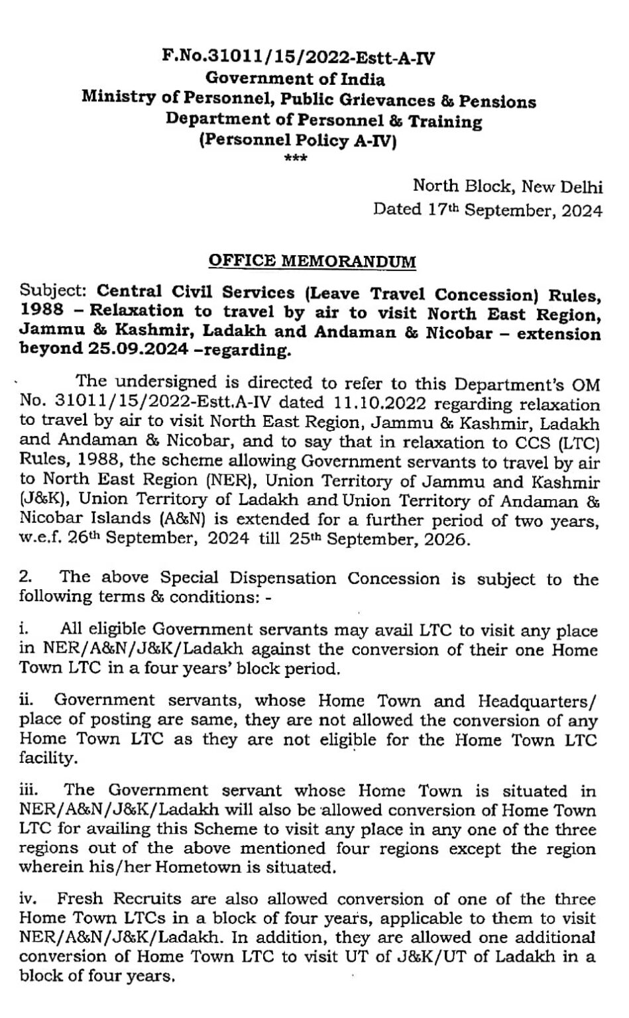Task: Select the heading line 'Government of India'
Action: (x=296, y=80)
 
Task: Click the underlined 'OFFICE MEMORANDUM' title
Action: (x=312, y=261)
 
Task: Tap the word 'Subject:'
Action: (x=55, y=292)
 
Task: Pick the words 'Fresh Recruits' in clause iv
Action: (x=104, y=899)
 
